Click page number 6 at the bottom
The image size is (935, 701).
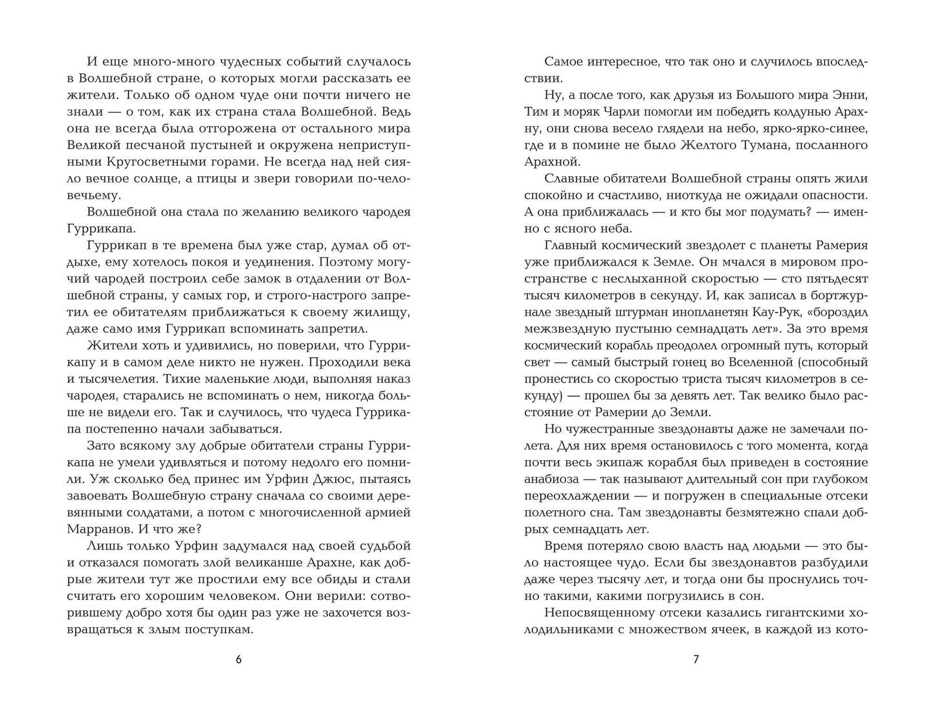[x=238, y=660]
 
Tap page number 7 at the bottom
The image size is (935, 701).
[x=696, y=660]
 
